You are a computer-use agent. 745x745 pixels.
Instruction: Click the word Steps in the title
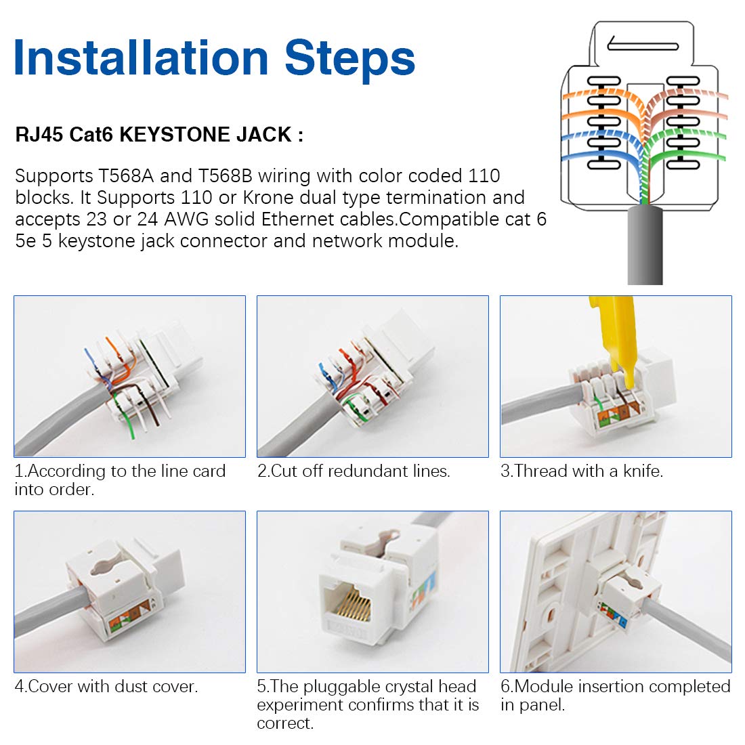tap(349, 58)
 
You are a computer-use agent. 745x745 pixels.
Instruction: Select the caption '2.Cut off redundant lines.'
tap(354, 471)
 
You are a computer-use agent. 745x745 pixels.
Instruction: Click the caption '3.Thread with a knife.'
tap(581, 471)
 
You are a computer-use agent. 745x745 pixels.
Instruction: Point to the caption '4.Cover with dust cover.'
tap(106, 687)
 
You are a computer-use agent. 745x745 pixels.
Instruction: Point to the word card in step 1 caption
tap(209, 471)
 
